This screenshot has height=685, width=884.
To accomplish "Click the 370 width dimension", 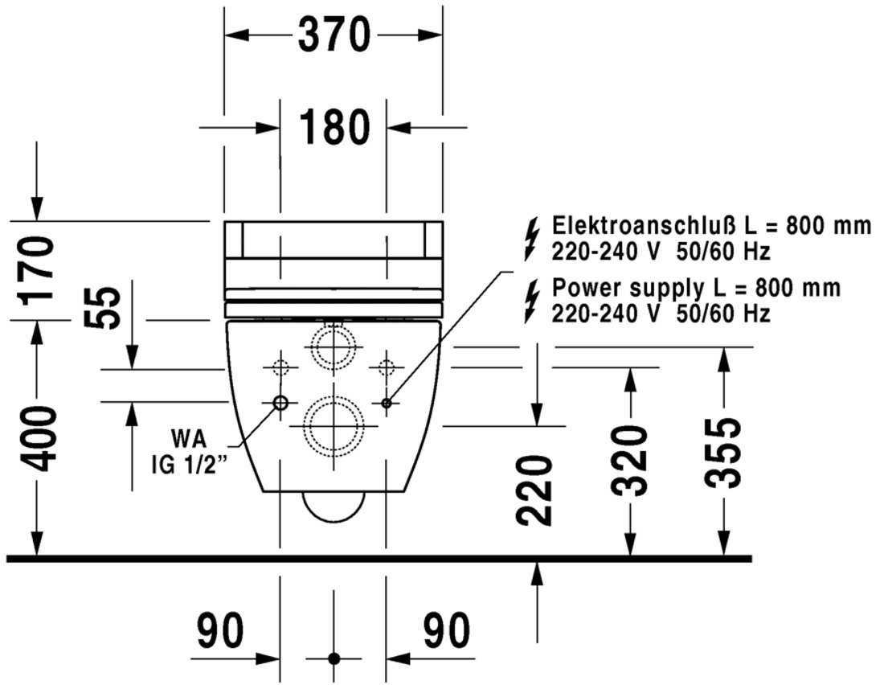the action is (x=334, y=35).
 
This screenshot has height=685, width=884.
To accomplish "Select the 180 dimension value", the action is (x=334, y=127).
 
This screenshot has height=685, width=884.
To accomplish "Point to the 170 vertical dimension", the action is (x=38, y=271).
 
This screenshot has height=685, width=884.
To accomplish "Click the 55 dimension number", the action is (x=102, y=307).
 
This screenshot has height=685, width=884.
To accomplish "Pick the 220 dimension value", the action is (x=534, y=490).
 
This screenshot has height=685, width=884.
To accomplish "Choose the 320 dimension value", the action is (x=631, y=461).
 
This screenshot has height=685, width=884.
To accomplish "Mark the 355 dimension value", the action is (x=722, y=453).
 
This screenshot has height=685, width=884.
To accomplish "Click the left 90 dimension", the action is (x=220, y=630).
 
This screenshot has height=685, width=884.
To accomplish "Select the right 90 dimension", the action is (x=447, y=630).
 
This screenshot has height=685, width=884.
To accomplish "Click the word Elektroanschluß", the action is (x=644, y=225).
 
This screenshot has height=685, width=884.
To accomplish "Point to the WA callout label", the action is (x=189, y=438).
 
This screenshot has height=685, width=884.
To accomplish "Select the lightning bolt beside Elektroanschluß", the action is (x=532, y=240).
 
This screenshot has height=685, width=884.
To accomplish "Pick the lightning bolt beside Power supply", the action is (x=532, y=301).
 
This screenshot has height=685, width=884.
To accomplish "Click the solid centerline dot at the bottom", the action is (x=334, y=658).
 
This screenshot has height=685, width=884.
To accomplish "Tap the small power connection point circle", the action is (x=387, y=403).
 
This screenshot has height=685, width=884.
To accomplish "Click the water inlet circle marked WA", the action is (x=280, y=403).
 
